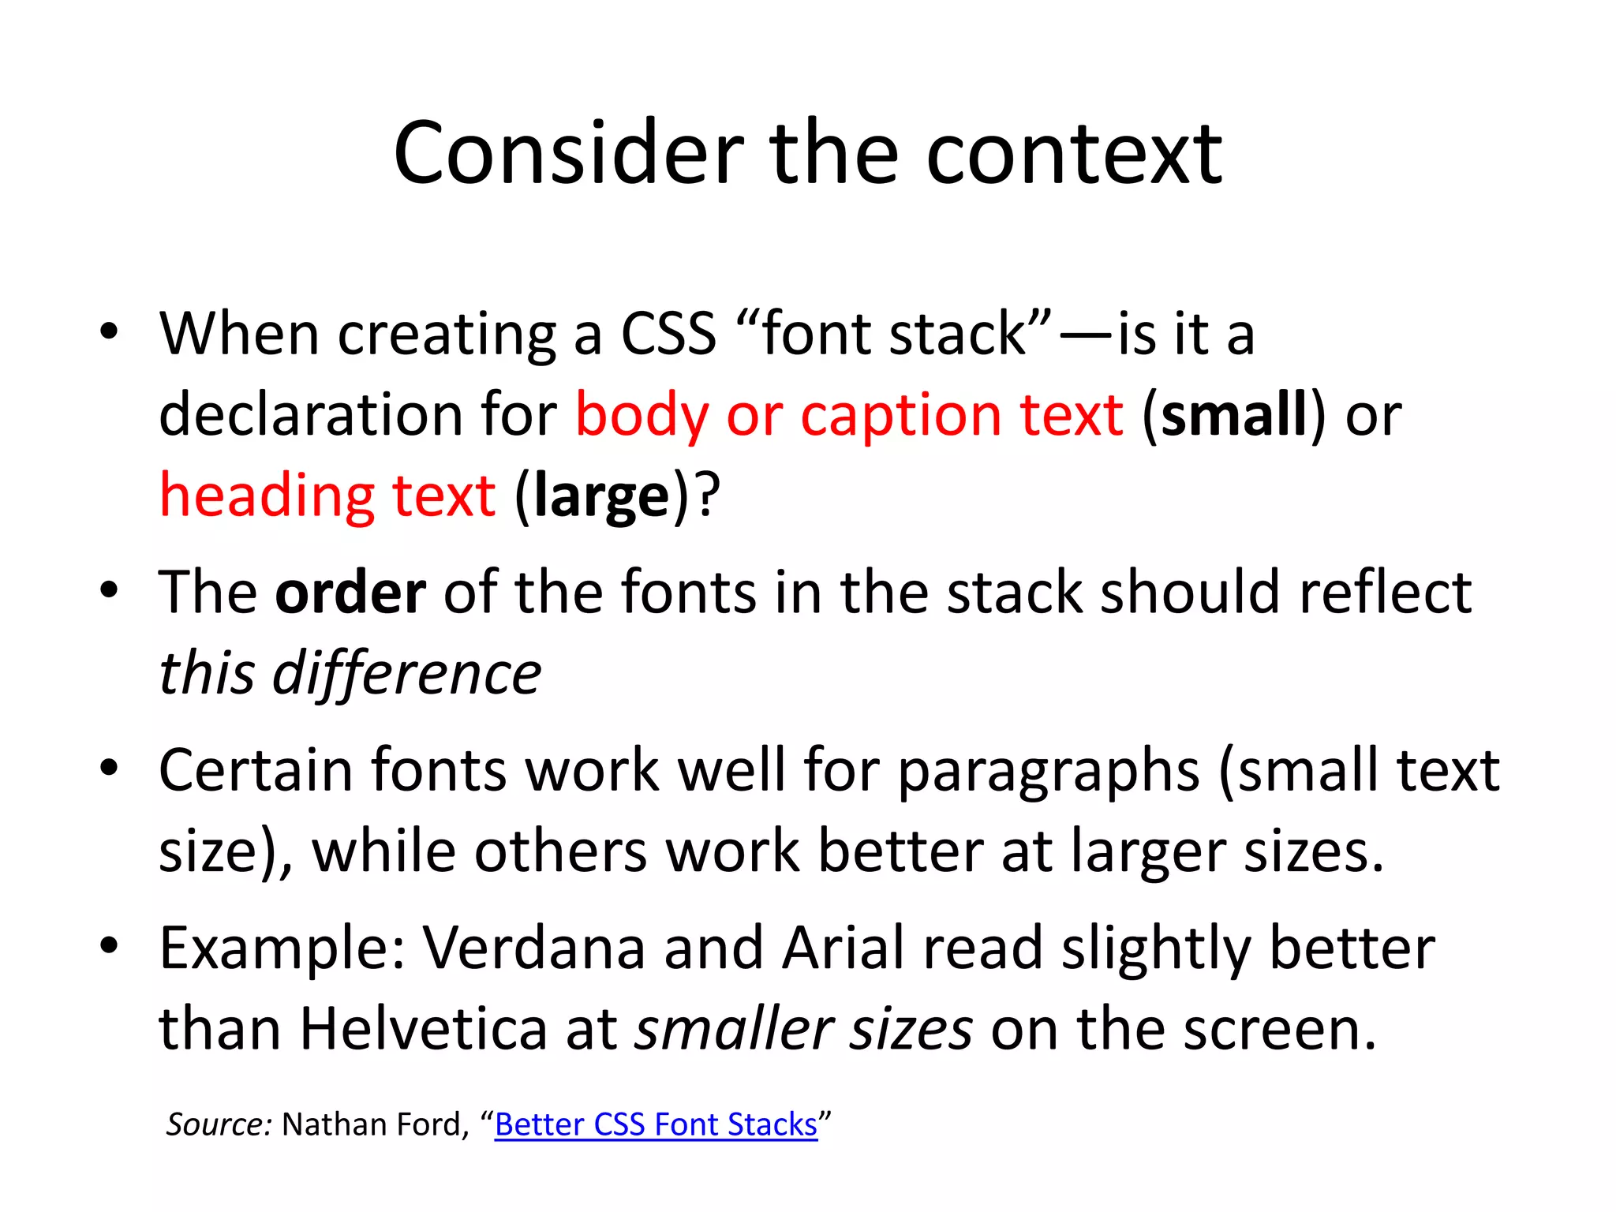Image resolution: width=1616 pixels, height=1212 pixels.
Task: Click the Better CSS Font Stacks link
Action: (656, 1124)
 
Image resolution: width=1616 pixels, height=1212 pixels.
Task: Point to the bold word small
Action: (1234, 415)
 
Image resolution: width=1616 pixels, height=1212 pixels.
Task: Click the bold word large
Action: (601, 496)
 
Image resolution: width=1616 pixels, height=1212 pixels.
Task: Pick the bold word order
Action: (350, 593)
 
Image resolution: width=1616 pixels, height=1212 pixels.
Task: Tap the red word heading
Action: (267, 496)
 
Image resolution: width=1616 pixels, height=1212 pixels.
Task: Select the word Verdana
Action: (534, 948)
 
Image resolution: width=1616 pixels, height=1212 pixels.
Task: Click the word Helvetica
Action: (424, 1030)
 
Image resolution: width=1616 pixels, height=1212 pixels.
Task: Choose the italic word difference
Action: (406, 674)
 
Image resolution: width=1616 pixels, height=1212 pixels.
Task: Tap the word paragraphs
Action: (1049, 772)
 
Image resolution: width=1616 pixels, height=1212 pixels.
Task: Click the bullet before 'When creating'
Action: (109, 331)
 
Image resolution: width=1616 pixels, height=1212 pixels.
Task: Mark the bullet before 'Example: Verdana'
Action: (109, 945)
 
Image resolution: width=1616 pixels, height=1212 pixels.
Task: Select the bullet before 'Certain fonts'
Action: (109, 768)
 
